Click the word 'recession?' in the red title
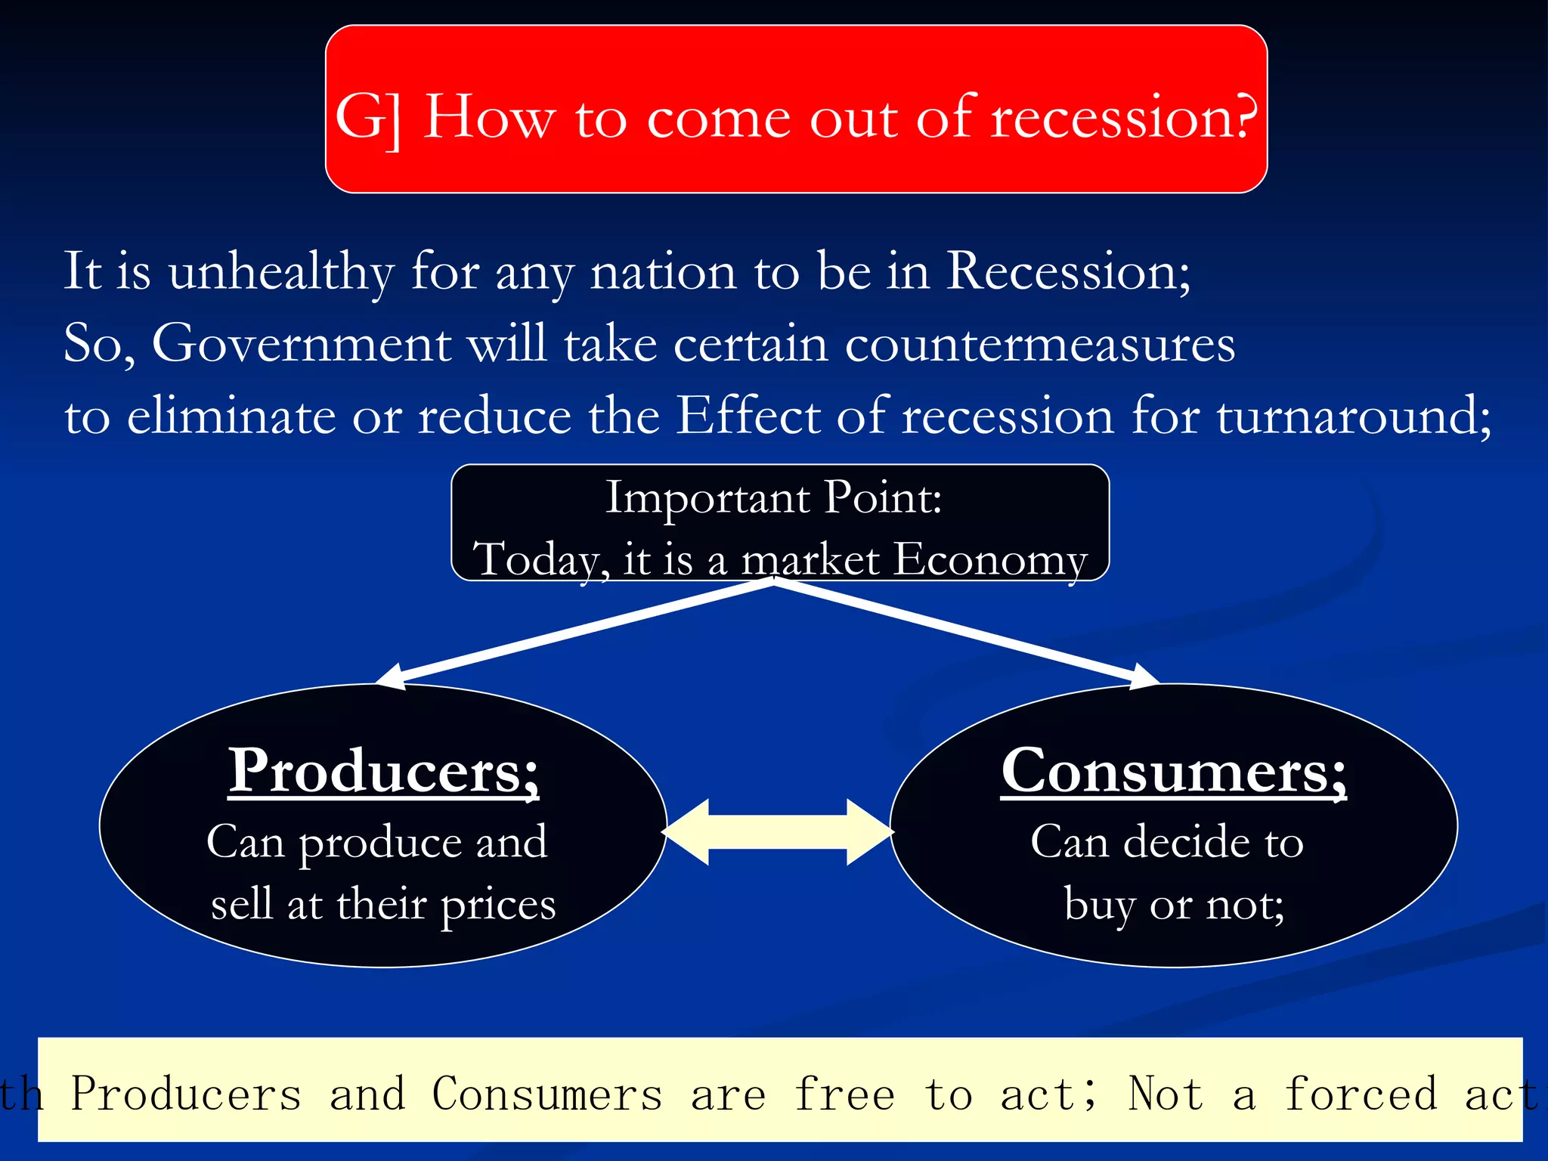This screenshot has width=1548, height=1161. coord(1123,117)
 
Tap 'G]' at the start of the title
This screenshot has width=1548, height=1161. coord(369,119)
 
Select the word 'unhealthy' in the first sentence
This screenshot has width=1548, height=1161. coord(280,272)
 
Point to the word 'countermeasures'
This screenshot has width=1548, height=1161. coord(1039,344)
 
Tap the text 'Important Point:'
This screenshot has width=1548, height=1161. coord(773,498)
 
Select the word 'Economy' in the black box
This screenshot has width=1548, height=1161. coord(990,560)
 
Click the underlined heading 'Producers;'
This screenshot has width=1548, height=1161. coord(383,771)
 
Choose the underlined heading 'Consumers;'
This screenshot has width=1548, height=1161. coord(1173,771)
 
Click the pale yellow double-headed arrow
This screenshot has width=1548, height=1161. coord(778,831)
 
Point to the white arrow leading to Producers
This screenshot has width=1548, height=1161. coord(574,633)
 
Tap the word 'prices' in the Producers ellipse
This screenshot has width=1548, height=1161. coord(498,906)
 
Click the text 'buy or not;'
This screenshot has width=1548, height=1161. coord(1174,904)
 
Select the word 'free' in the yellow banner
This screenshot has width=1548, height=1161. coord(844,1094)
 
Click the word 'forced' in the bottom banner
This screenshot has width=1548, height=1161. coord(1361,1094)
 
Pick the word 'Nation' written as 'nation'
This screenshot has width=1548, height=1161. coord(663,272)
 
